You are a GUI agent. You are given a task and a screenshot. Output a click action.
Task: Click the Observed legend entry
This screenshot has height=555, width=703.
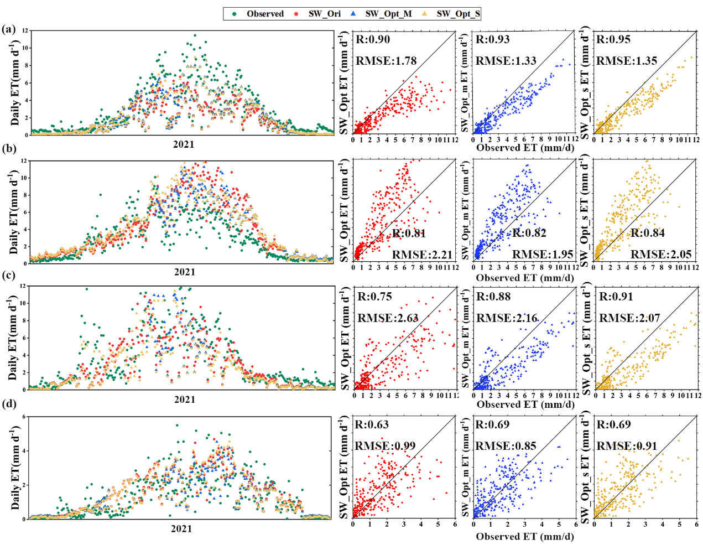(x=258, y=14)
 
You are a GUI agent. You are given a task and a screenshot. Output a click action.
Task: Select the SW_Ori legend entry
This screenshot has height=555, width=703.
(x=317, y=14)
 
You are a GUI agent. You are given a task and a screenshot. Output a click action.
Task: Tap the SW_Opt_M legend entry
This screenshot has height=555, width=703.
(x=381, y=14)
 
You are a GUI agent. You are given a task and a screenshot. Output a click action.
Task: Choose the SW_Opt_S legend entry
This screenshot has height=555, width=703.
(x=451, y=14)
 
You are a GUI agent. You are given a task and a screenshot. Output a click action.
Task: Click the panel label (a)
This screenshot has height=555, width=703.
(x=8, y=29)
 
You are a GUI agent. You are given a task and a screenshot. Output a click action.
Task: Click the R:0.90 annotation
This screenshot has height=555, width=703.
(x=373, y=39)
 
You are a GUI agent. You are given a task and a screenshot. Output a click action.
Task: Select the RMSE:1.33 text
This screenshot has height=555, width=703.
(x=506, y=61)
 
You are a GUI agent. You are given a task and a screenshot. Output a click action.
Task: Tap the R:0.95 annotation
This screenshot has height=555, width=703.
(x=613, y=39)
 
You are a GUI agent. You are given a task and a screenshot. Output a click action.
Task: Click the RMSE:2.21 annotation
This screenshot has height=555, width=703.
(x=422, y=255)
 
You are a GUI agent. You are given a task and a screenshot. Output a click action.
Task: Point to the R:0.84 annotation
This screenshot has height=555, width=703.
(x=648, y=233)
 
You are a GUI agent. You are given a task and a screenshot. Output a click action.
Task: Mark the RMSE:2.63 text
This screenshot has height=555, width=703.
(x=388, y=318)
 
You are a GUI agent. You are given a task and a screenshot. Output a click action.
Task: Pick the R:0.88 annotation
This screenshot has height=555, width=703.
(x=493, y=297)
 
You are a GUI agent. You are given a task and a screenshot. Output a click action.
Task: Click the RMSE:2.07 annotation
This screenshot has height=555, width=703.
(x=629, y=318)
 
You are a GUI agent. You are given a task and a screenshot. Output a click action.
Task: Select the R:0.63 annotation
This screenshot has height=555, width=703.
(x=372, y=424)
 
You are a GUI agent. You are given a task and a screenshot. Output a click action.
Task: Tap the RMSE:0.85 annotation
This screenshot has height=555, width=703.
(x=506, y=446)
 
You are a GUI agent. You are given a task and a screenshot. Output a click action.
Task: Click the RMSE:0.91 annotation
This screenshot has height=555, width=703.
(x=627, y=446)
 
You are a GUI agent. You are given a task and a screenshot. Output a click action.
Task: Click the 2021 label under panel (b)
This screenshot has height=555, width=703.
(x=185, y=272)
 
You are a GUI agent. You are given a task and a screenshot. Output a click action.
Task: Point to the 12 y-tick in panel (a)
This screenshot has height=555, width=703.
(x=25, y=31)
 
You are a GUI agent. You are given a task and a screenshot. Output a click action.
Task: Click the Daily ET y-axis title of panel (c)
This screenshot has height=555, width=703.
(x=14, y=338)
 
